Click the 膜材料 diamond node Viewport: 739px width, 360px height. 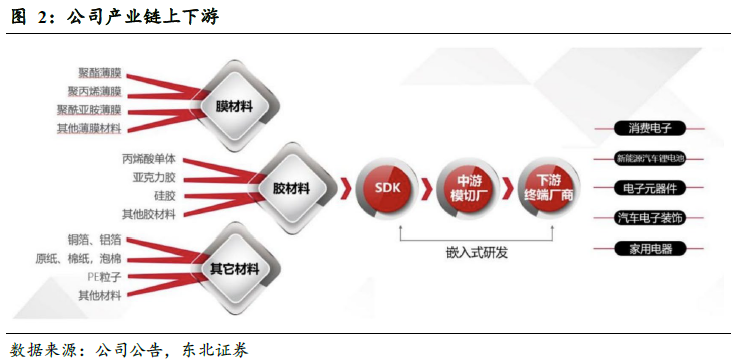237,104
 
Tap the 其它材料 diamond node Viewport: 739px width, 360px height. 235,269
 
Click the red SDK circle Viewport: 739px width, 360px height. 387,187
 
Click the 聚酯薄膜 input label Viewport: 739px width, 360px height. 99,73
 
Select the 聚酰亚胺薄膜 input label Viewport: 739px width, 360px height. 89,111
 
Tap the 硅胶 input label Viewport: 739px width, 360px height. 164,196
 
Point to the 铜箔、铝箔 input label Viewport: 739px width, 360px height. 94,240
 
